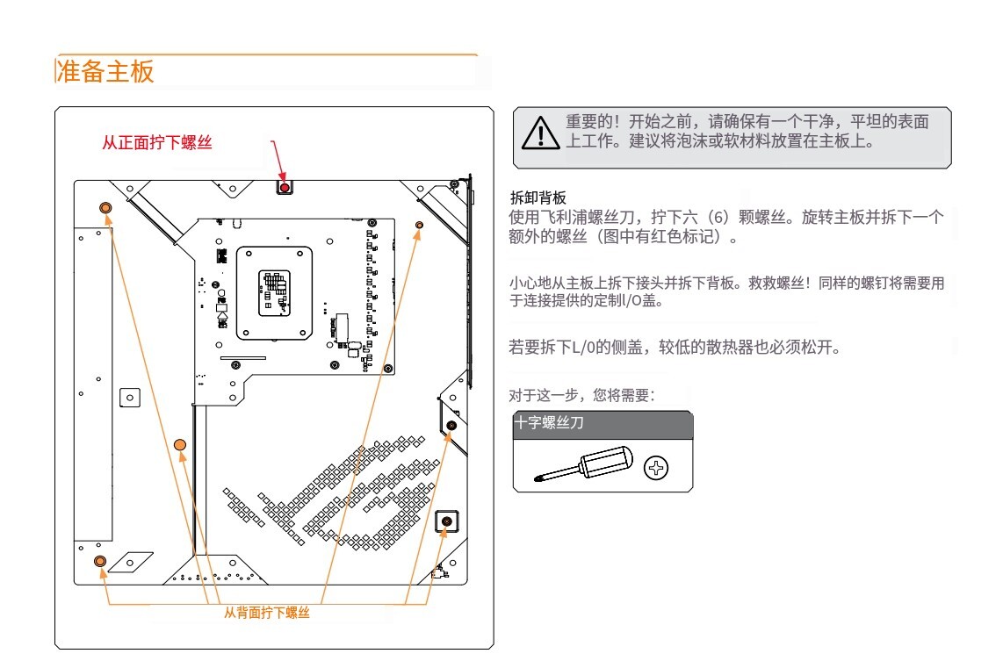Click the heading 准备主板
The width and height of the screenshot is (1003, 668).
pos(105,72)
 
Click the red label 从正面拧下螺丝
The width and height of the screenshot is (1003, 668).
pos(157,143)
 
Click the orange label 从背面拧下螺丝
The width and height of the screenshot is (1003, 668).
pos(267,613)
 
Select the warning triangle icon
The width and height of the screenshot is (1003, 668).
pos(541,133)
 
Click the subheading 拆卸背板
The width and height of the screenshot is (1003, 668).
pos(538,198)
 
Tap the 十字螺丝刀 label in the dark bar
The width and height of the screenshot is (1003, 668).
pos(550,422)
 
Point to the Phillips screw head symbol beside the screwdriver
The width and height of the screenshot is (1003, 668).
pos(656,468)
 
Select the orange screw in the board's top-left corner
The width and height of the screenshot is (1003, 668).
pos(105,207)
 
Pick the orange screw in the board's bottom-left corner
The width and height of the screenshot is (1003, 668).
pos(99,560)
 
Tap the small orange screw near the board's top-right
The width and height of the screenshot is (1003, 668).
pos(419,226)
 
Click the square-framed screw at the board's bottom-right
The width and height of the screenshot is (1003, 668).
pos(447,521)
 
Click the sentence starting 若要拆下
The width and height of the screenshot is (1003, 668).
pos(670,348)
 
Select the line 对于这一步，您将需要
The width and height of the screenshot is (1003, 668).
pos(581,396)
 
